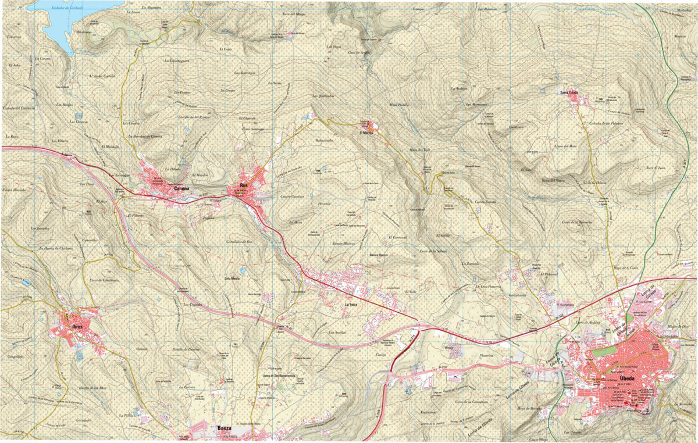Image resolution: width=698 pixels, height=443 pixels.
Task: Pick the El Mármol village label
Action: pos(366,133)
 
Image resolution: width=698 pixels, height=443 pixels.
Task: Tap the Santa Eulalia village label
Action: pos(568,92)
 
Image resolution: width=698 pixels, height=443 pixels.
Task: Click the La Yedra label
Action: pos(350,304)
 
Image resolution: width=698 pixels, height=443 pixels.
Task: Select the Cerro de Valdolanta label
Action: pos(104,280)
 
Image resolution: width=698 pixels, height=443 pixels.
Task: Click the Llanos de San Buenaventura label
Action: pos(280,376)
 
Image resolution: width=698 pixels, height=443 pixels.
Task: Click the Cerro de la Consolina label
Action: pos(471,401)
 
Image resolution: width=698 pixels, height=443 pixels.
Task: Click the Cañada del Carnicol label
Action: pos(19,108)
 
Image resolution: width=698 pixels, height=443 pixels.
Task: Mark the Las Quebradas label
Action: pos(323,95)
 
